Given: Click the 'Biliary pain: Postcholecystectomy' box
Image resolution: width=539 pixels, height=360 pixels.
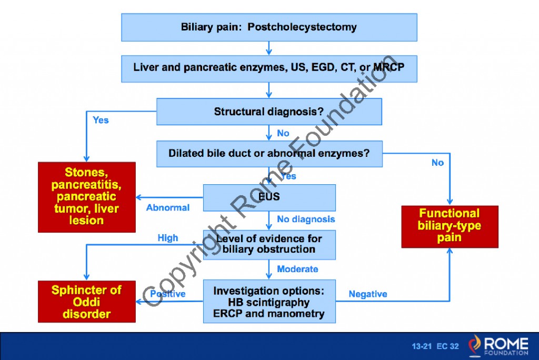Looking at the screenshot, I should [x=269, y=27].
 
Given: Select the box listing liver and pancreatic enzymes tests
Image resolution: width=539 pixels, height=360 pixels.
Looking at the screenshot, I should [x=269, y=68].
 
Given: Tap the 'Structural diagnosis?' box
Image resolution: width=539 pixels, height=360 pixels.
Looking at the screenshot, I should [x=269, y=112].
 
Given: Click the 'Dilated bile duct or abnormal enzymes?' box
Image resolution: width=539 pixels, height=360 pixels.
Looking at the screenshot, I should [x=269, y=154].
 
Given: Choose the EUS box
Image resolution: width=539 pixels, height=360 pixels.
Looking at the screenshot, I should [x=269, y=198].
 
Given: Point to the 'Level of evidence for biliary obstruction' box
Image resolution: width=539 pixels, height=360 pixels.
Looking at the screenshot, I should [x=269, y=244].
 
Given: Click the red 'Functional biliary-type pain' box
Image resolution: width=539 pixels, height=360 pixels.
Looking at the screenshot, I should [x=450, y=226].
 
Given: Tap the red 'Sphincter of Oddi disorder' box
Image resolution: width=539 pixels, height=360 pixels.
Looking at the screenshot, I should [x=86, y=302].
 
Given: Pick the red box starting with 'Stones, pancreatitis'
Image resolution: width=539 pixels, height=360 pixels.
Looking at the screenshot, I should [x=86, y=197].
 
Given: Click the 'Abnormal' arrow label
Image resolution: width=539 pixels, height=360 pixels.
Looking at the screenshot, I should [x=168, y=208].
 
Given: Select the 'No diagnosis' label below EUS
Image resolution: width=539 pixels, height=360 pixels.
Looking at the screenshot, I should [x=306, y=219].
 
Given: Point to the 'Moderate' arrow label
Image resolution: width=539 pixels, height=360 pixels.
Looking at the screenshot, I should [x=297, y=269].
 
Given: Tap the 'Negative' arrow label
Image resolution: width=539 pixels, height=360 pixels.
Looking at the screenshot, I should [x=368, y=294].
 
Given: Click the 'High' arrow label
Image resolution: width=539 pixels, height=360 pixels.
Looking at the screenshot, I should [x=168, y=238].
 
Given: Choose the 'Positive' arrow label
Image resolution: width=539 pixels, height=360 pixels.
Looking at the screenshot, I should [x=168, y=294].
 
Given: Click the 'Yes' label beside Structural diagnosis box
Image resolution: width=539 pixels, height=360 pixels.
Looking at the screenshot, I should [x=101, y=120].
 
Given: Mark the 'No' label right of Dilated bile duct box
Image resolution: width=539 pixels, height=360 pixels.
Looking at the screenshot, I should [x=437, y=163].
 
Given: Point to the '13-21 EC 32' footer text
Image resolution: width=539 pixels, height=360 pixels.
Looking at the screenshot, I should [x=435, y=347].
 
